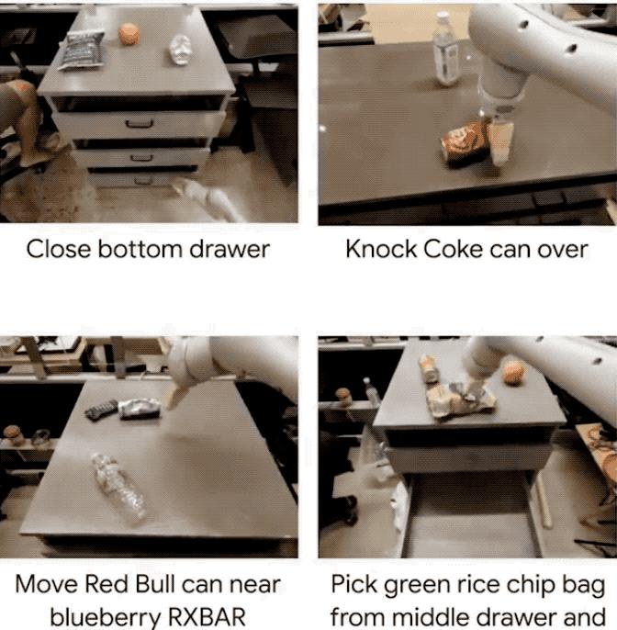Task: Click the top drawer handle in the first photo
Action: pyautogui.click(x=140, y=123)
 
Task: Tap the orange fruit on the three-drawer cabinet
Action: pyautogui.click(x=129, y=34)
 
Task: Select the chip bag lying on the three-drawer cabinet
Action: pyautogui.click(x=81, y=50)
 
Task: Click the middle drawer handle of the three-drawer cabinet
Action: pyautogui.click(x=141, y=158)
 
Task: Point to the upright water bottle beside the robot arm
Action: pyautogui.click(x=445, y=49)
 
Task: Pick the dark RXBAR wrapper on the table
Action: pyautogui.click(x=102, y=410)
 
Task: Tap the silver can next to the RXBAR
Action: pyautogui.click(x=140, y=408)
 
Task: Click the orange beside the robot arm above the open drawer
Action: pyautogui.click(x=513, y=372)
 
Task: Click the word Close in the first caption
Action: pyautogui.click(x=59, y=249)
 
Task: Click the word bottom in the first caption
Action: pyautogui.click(x=140, y=249)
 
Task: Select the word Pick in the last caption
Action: pyautogui.click(x=353, y=584)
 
